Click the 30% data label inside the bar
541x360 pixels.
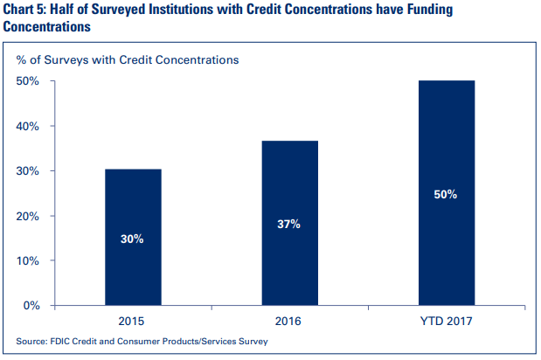133,238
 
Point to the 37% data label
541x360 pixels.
289,225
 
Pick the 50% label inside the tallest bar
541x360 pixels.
446,195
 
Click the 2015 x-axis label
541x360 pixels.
133,321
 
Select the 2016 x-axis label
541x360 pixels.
289,321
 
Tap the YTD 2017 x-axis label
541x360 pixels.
446,321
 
